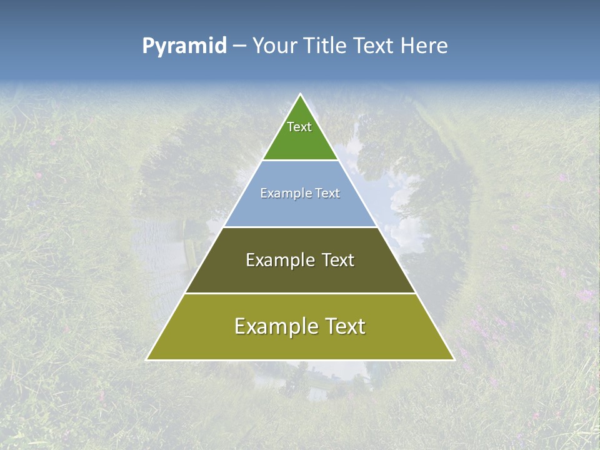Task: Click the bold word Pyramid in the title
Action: [184, 46]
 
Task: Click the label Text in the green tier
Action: [299, 127]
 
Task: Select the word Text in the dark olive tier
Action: [338, 260]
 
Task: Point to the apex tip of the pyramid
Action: [300, 95]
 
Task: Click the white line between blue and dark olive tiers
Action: [300, 227]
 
